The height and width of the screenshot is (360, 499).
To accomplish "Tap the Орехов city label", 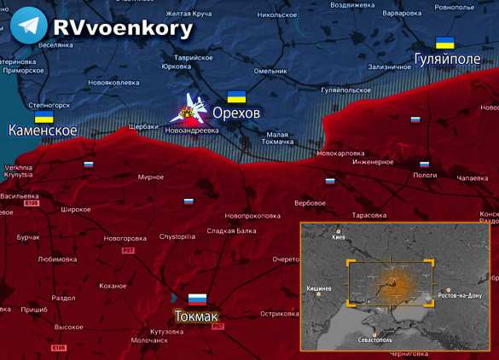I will click(236, 113).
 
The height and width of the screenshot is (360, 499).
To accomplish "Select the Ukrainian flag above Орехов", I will click(236, 96).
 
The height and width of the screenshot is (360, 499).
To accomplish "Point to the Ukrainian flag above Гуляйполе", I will click(444, 43).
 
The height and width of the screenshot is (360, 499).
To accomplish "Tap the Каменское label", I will click(43, 131).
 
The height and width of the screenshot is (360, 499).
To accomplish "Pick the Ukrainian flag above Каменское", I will click(44, 116).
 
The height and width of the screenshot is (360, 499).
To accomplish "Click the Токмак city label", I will click(195, 316).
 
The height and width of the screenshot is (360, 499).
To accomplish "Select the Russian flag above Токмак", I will click(197, 299).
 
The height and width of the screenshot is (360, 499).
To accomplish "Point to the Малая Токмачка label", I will click(277, 138).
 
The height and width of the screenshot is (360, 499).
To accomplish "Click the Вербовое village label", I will click(310, 203).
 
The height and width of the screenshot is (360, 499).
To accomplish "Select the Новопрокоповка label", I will click(253, 216).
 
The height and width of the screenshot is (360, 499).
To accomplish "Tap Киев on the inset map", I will click(339, 237).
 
